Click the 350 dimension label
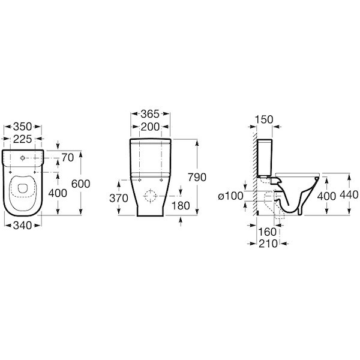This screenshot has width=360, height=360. tap(23, 126)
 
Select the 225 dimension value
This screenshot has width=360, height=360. tap(23, 139)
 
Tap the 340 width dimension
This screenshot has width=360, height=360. tap(23, 226)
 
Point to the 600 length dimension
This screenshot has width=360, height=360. tap(80, 184)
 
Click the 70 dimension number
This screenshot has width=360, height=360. tap(67, 157)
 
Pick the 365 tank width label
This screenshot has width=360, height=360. tap(150, 114)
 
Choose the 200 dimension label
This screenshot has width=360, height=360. tap(150, 127)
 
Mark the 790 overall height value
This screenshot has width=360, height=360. tap(197, 177)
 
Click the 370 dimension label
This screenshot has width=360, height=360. tap(119, 198)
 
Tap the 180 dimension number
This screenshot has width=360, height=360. tap(181, 206)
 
